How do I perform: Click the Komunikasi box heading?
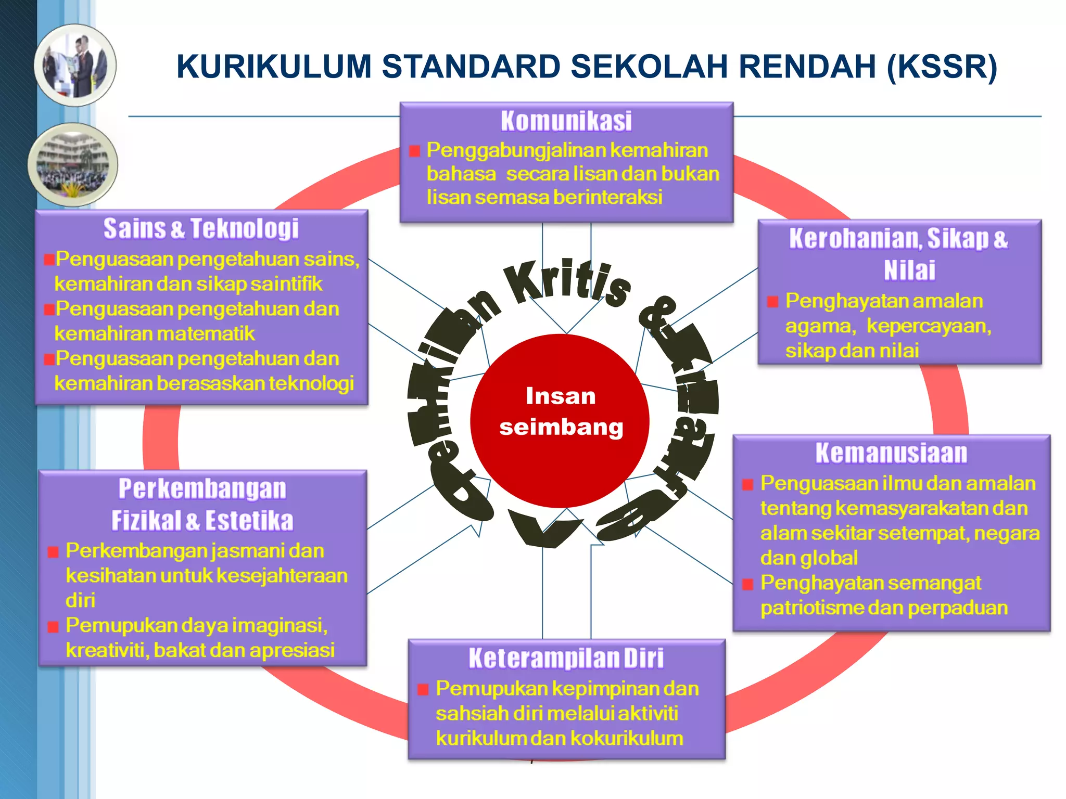click(x=566, y=121)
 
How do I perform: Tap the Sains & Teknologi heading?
click(x=201, y=229)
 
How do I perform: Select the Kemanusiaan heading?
click(x=891, y=453)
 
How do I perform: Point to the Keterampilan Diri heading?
click(x=566, y=658)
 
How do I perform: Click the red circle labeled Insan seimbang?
click(x=560, y=420)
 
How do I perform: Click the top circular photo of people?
click(x=75, y=66)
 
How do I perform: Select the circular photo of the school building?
click(x=73, y=164)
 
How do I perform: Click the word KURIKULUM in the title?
click(x=274, y=67)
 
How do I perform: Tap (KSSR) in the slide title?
click(x=942, y=67)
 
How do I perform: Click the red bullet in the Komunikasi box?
click(x=415, y=151)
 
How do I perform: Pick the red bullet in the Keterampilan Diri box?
click(x=423, y=690)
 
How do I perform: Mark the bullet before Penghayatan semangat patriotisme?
click(x=747, y=584)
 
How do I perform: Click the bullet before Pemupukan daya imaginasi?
click(x=53, y=627)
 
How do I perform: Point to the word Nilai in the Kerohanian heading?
click(x=909, y=270)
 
